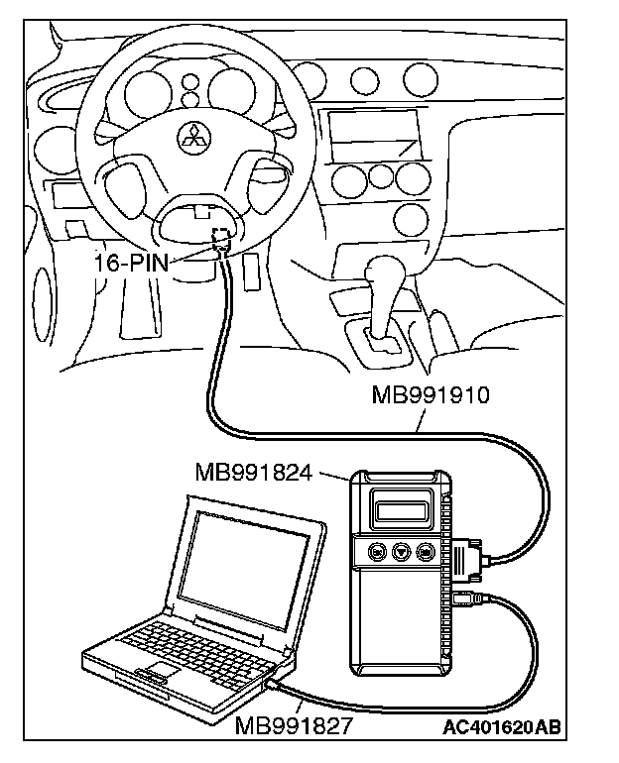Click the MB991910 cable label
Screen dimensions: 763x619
(432, 397)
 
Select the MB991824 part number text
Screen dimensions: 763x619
(254, 473)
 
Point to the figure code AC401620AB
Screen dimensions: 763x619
(503, 727)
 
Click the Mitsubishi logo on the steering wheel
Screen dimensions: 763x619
(189, 138)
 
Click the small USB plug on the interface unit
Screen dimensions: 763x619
(467, 599)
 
